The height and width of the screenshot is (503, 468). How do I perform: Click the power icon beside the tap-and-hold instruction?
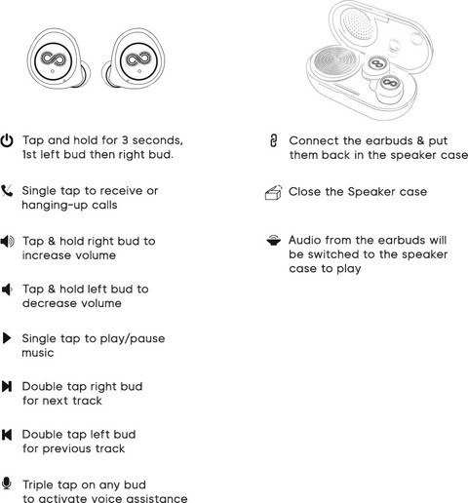(x=7, y=140)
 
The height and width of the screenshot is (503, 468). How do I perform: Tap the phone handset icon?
(x=7, y=191)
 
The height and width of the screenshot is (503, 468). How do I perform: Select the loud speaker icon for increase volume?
(x=8, y=242)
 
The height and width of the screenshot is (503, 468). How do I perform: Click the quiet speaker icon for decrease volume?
(x=7, y=290)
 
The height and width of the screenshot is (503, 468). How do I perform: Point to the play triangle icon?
(x=7, y=338)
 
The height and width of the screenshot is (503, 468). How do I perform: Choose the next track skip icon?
(x=7, y=386)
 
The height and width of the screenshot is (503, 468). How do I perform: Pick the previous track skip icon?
(x=7, y=435)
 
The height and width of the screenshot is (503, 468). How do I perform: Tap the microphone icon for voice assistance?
(x=7, y=484)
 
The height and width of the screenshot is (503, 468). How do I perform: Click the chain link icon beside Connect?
(x=274, y=140)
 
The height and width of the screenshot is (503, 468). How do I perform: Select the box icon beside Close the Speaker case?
(x=273, y=192)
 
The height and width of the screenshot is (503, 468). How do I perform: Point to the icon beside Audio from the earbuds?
(x=274, y=241)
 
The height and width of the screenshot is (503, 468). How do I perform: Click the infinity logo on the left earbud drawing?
(x=53, y=59)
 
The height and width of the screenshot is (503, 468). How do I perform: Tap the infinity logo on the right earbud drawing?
(x=138, y=59)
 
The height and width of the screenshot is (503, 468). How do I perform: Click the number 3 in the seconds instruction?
(x=126, y=140)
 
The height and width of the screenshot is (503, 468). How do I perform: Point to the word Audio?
(x=305, y=240)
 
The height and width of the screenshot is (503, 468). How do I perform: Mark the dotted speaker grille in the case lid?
(x=357, y=24)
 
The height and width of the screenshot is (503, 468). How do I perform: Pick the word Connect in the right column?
(x=314, y=140)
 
